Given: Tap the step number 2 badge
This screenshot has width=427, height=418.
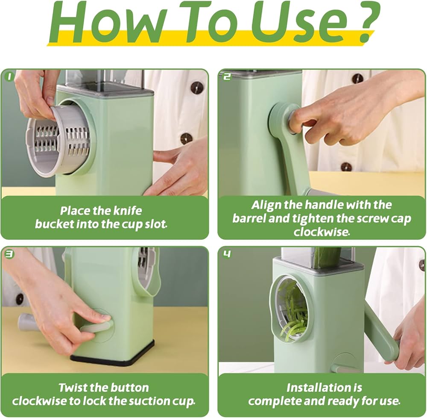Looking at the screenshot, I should tap(227, 77).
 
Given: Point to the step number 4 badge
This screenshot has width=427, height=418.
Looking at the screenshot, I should tap(227, 254).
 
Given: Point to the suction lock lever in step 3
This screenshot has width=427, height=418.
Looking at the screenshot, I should tap(96, 327).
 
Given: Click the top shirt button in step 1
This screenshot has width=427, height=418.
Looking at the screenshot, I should tap(196, 87).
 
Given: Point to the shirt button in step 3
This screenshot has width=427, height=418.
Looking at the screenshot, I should tap(19, 299).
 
